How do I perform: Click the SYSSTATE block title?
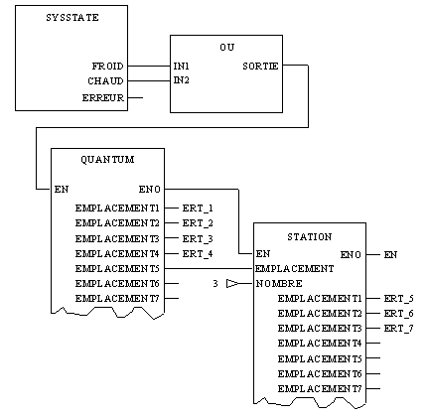click(x=72, y=18)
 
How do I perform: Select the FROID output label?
click(x=107, y=67)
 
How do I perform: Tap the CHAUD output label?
click(x=105, y=81)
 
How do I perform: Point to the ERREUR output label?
click(x=103, y=98)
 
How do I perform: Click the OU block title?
click(x=227, y=48)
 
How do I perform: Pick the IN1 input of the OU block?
click(x=182, y=67)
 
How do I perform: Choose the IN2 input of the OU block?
click(x=182, y=80)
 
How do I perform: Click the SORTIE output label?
click(x=260, y=67)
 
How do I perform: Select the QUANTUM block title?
click(x=107, y=160)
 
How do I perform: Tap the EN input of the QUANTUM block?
click(x=62, y=190)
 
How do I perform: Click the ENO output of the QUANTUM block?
click(x=150, y=190)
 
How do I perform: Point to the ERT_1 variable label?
click(x=198, y=209)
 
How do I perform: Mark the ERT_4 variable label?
click(x=198, y=254)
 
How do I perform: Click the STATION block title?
click(x=310, y=237)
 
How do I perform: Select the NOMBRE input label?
click(x=279, y=284)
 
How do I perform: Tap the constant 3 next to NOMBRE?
click(x=215, y=284)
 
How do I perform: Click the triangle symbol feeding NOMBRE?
click(x=232, y=284)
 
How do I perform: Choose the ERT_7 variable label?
click(x=399, y=329)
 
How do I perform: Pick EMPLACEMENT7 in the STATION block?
click(x=320, y=389)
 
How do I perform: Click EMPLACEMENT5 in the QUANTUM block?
click(x=117, y=269)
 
